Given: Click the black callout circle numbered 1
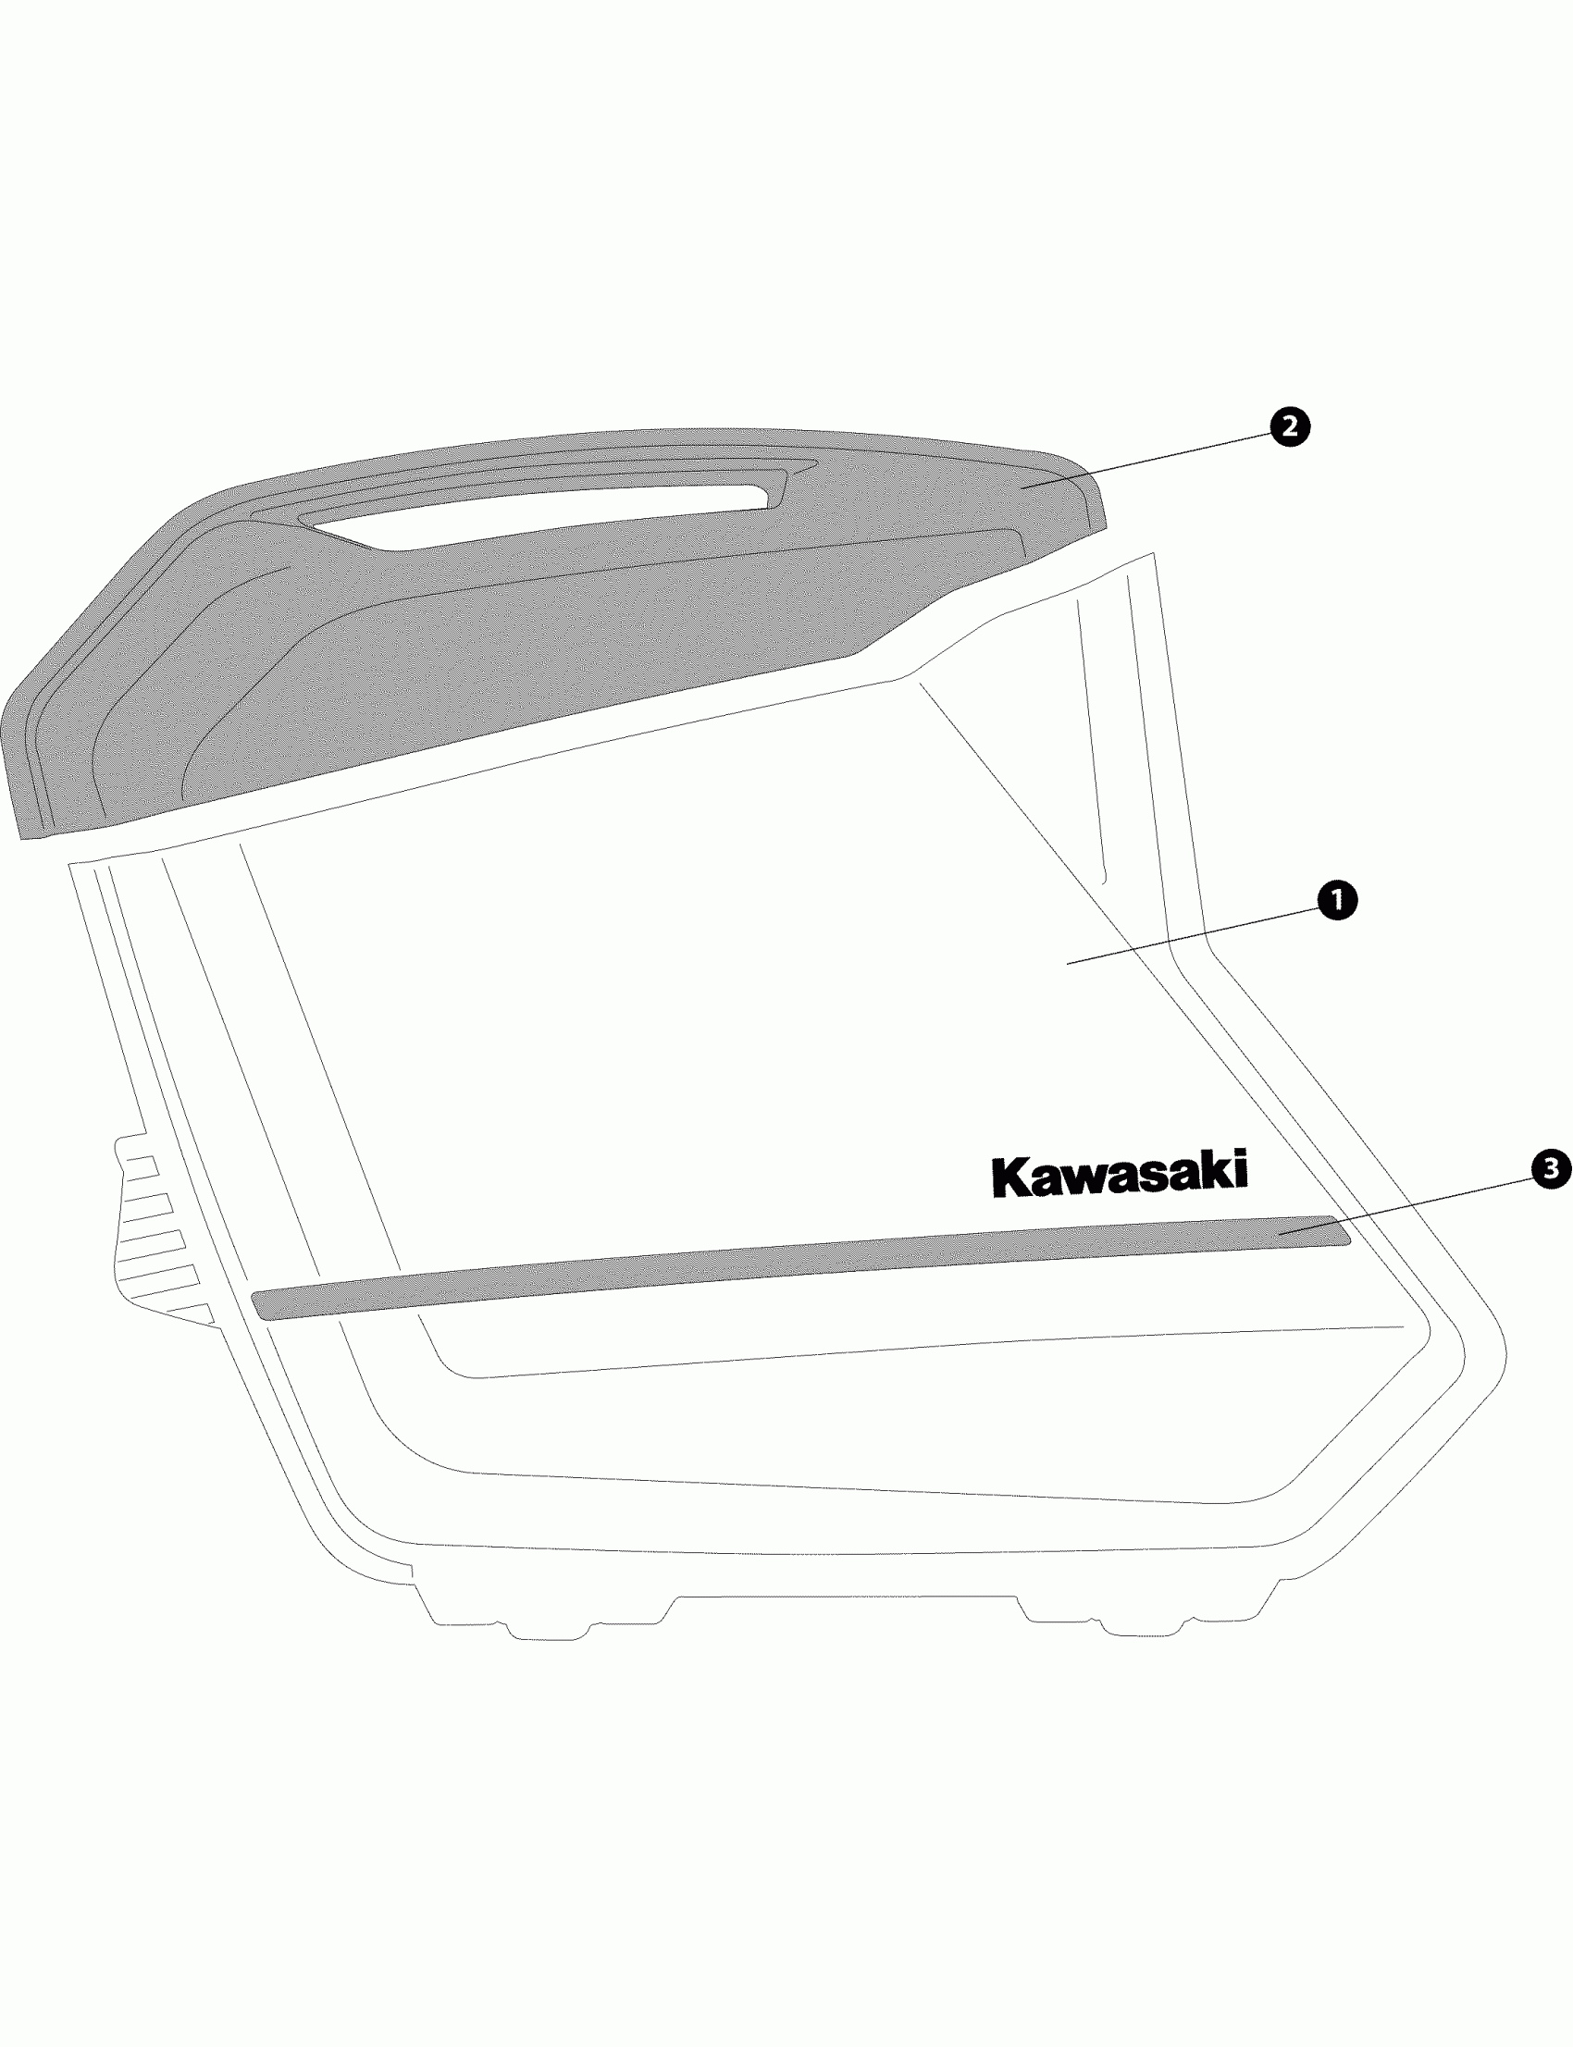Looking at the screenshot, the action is [1336, 900].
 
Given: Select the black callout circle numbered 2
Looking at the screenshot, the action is [1289, 427].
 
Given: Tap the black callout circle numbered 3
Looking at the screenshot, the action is [1551, 1168].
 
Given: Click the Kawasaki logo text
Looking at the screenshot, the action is [1119, 1174].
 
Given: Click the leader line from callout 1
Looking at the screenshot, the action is [1198, 932].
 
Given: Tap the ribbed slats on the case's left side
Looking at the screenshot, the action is [155, 1236].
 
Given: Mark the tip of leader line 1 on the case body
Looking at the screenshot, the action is [1069, 962].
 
